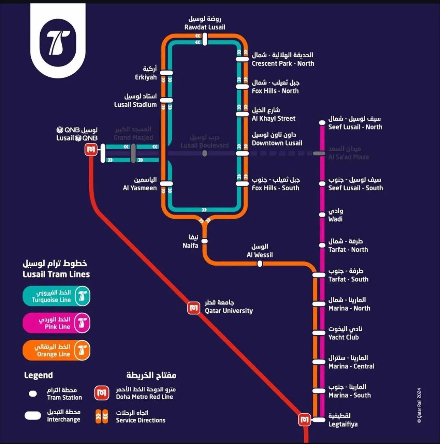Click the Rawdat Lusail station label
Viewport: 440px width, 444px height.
pyautogui.click(x=205, y=23)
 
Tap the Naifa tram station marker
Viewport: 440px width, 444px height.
pyautogui.click(x=205, y=241)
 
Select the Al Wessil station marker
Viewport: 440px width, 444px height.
pyautogui.click(x=260, y=264)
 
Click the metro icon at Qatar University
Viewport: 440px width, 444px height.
pyautogui.click(x=194, y=308)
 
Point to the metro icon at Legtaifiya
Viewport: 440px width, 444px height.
pyautogui.click(x=304, y=420)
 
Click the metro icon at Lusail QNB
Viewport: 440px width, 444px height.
pyautogui.click(x=91, y=149)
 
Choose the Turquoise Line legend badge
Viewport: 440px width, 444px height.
pyautogui.click(x=56, y=296)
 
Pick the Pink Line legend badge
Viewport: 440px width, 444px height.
pyautogui.click(x=56, y=323)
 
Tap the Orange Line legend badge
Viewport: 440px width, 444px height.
pyautogui.click(x=56, y=350)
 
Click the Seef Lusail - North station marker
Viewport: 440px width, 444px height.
pyautogui.click(x=322, y=122)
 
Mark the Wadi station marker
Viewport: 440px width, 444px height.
pyautogui.click(x=322, y=214)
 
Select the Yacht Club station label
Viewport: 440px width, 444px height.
pyautogui.click(x=345, y=333)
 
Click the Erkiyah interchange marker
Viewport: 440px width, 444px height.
pyautogui.click(x=166, y=73)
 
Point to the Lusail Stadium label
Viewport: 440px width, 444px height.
pyautogui.click(x=136, y=101)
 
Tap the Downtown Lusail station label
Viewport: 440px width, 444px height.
pyautogui.click(x=277, y=139)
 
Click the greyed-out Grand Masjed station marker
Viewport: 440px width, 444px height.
pyautogui.click(x=133, y=153)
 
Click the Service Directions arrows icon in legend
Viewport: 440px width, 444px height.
pyautogui.click(x=102, y=416)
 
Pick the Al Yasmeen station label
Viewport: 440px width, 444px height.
pyautogui.click(x=140, y=184)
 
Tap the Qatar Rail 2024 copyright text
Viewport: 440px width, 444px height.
pyautogui.click(x=419, y=405)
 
